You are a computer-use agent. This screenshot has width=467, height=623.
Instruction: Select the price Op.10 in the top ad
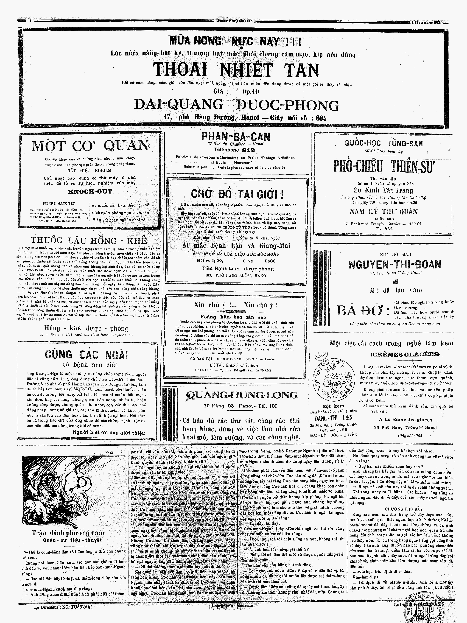[x=251, y=92]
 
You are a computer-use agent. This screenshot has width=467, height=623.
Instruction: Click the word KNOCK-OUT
[x=90, y=192]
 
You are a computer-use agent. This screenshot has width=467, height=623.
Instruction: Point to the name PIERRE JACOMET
[x=59, y=203]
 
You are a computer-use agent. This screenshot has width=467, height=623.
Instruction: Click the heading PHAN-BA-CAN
[x=236, y=137]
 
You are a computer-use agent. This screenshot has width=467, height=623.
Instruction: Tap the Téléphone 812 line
[x=234, y=150]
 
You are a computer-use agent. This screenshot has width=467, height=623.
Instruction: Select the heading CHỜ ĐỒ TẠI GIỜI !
[x=237, y=194]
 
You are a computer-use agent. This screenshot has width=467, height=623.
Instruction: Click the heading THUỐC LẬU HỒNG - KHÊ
[x=89, y=240]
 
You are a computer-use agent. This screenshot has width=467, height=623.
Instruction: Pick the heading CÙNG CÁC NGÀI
[x=86, y=355]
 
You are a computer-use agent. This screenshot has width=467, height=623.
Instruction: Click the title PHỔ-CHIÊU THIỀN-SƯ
[x=384, y=166]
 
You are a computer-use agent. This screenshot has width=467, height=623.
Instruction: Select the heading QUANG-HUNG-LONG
[x=241, y=395]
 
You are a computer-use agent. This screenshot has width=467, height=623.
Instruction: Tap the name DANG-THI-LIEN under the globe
[x=333, y=418]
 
